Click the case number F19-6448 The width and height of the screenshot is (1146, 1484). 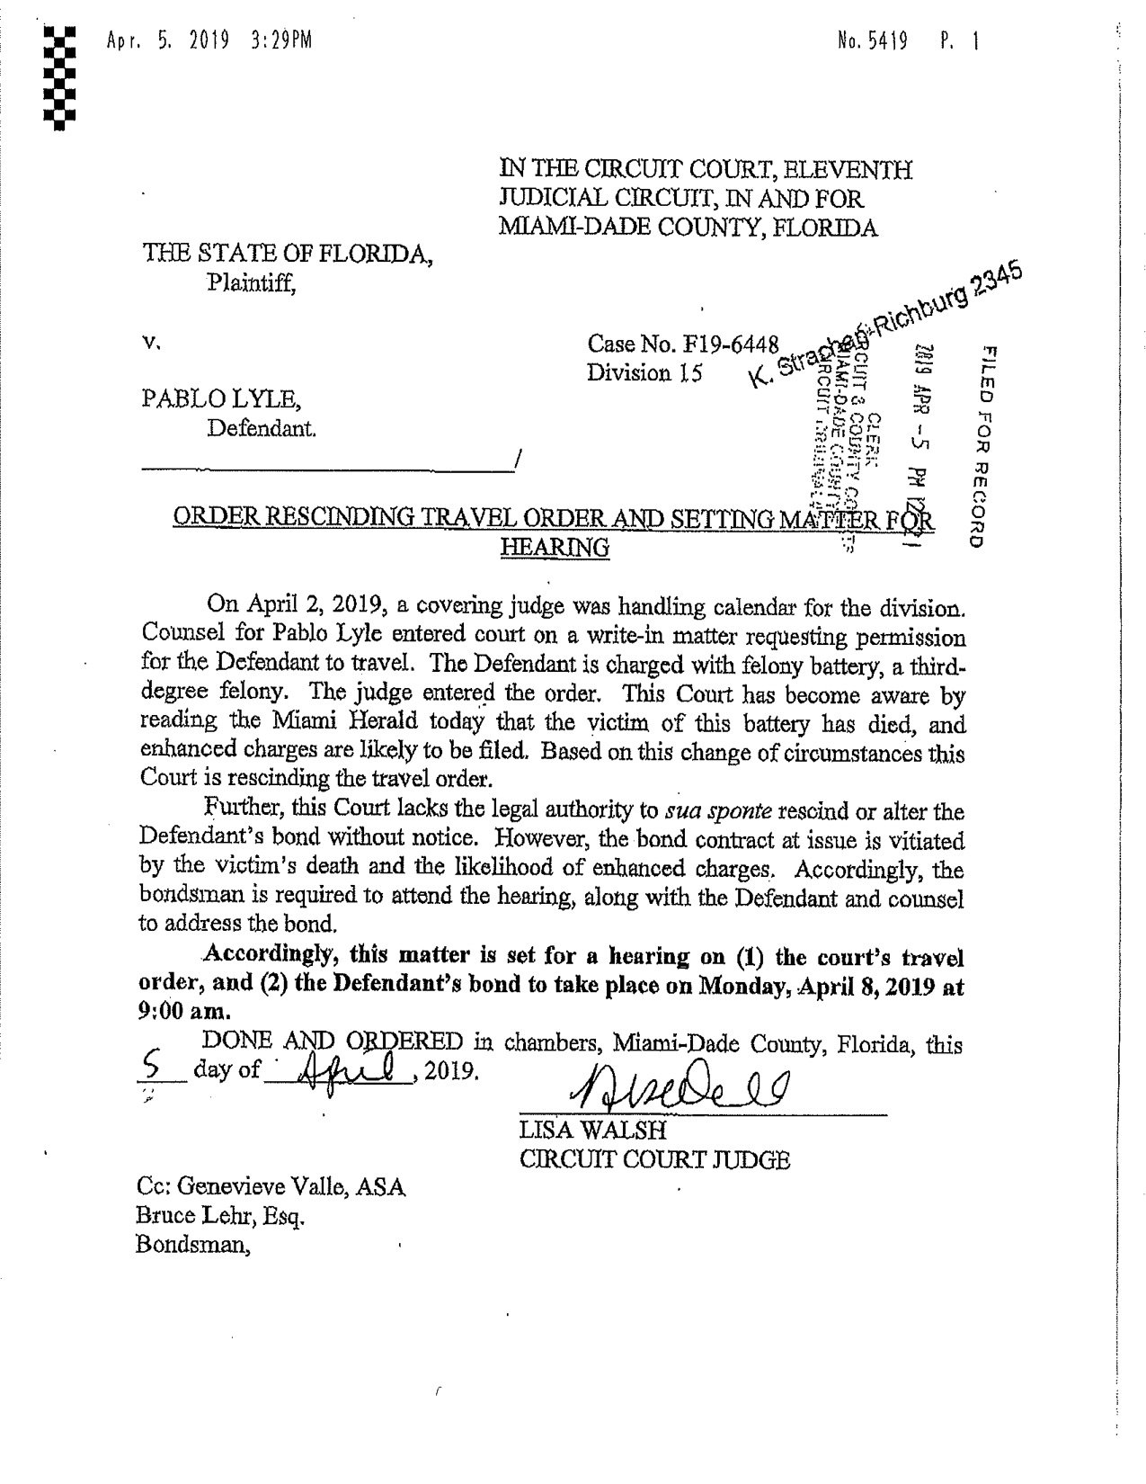point(728,344)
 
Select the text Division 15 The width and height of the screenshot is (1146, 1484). point(644,373)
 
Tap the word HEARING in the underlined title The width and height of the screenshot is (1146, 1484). point(554,547)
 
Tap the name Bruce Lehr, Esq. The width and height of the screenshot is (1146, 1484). point(220,1217)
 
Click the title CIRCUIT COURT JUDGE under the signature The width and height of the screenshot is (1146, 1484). point(655,1160)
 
